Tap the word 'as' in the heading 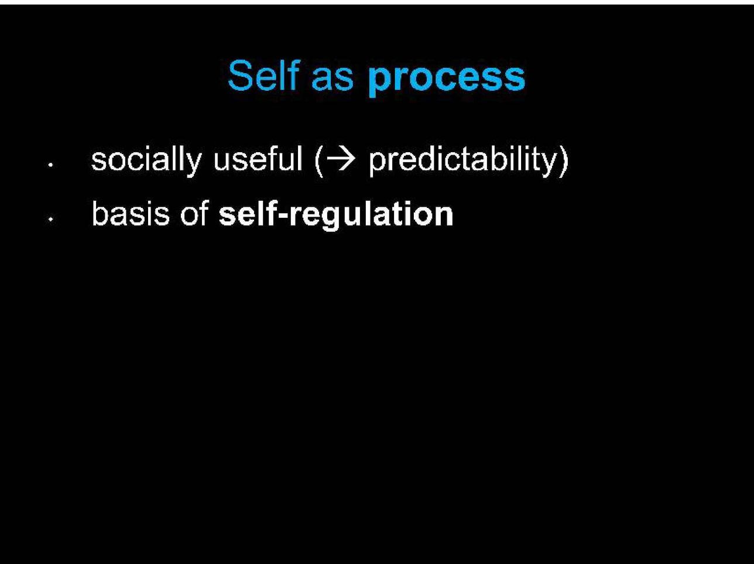[333, 80]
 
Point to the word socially [146, 160]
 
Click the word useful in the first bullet [258, 158]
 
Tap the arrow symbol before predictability [341, 159]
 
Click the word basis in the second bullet [131, 213]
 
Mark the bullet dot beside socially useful [50, 165]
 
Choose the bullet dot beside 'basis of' [50, 219]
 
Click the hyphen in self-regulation [284, 217]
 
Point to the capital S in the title [240, 76]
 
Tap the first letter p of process [381, 83]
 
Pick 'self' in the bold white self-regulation [248, 213]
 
